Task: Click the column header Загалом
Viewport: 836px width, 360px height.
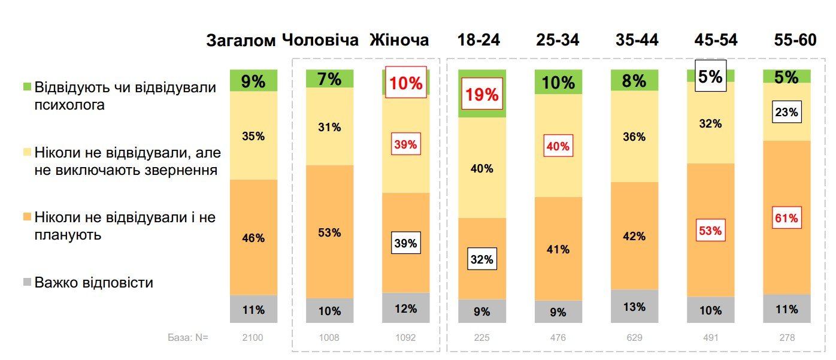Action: pos(241,41)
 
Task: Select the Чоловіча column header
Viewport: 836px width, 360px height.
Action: pos(320,40)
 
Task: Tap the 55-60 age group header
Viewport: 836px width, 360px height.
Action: pos(795,40)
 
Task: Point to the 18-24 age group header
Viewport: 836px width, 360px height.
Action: pos(478,40)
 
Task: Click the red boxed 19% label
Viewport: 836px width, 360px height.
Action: pos(482,95)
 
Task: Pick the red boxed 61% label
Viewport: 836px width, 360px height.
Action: pos(786,219)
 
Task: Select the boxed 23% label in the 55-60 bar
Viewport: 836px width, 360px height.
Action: pos(786,112)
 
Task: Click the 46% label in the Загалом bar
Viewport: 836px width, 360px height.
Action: pos(253,238)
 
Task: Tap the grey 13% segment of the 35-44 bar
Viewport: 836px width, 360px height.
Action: pos(634,307)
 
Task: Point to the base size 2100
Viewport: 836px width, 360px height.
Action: pos(253,338)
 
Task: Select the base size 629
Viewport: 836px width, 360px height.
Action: pos(634,338)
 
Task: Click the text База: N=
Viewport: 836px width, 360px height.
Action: pos(187,338)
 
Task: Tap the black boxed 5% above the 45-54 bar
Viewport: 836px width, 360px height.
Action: pos(710,76)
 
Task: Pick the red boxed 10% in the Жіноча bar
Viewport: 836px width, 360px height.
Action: pos(406,83)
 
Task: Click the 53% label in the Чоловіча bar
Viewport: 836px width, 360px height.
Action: pos(329,232)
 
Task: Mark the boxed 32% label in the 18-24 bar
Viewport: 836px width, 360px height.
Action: pos(481,259)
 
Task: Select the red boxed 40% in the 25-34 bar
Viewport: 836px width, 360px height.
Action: pos(558,146)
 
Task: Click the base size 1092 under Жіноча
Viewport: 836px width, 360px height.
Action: pos(405,338)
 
